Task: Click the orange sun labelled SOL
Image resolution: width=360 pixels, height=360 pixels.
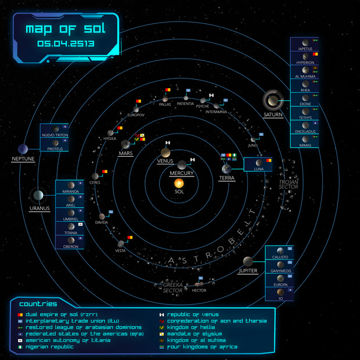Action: click(179, 183)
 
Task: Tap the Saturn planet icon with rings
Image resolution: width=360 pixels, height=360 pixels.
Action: click(272, 100)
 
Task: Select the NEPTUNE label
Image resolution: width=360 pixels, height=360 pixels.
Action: click(23, 158)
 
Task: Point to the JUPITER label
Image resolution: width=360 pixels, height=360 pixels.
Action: click(247, 271)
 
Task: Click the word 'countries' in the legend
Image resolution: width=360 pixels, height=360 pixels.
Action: click(38, 304)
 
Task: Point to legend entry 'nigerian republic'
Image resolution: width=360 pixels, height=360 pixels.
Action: click(49, 347)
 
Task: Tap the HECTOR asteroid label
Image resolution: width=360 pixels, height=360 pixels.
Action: click(199, 289)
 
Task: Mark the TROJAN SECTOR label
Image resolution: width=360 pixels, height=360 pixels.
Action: click(288, 185)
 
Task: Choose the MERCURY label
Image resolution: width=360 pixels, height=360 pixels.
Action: click(182, 173)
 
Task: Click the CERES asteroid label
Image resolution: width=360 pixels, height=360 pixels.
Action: click(95, 183)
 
